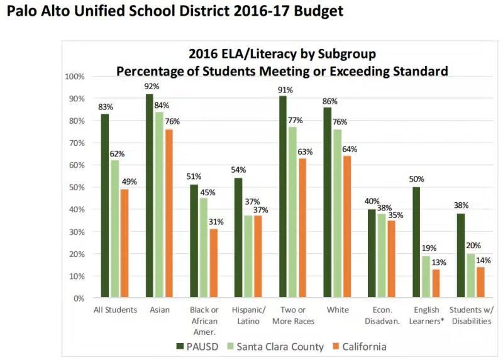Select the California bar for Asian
point(168,214)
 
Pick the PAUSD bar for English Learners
point(417,243)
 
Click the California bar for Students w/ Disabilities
point(480,282)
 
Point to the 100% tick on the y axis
point(75,77)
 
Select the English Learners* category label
point(428,315)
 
